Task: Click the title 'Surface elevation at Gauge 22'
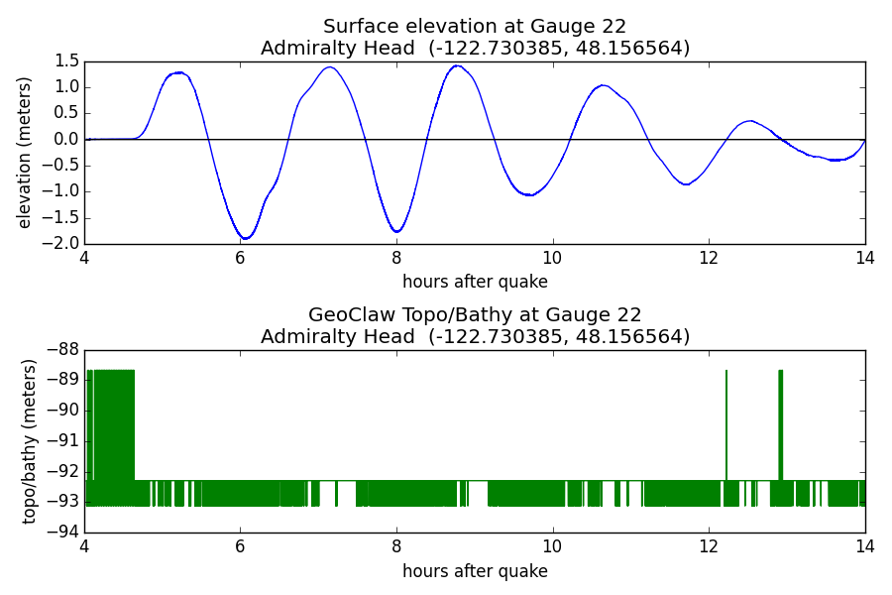pos(475,26)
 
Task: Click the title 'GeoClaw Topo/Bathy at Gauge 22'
pos(475,315)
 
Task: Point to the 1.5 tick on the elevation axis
pos(67,60)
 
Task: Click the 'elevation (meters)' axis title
pos(24,153)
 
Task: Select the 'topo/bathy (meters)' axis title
pos(29,442)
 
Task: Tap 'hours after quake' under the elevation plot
pos(475,282)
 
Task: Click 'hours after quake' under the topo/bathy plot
pos(475,570)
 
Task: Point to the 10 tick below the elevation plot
pos(552,258)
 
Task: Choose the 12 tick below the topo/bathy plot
pos(709,547)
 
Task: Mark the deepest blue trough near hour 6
pos(245,238)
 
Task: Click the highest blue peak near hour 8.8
pos(457,66)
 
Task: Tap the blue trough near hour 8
pos(397,231)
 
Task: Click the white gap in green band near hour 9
pos(479,493)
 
